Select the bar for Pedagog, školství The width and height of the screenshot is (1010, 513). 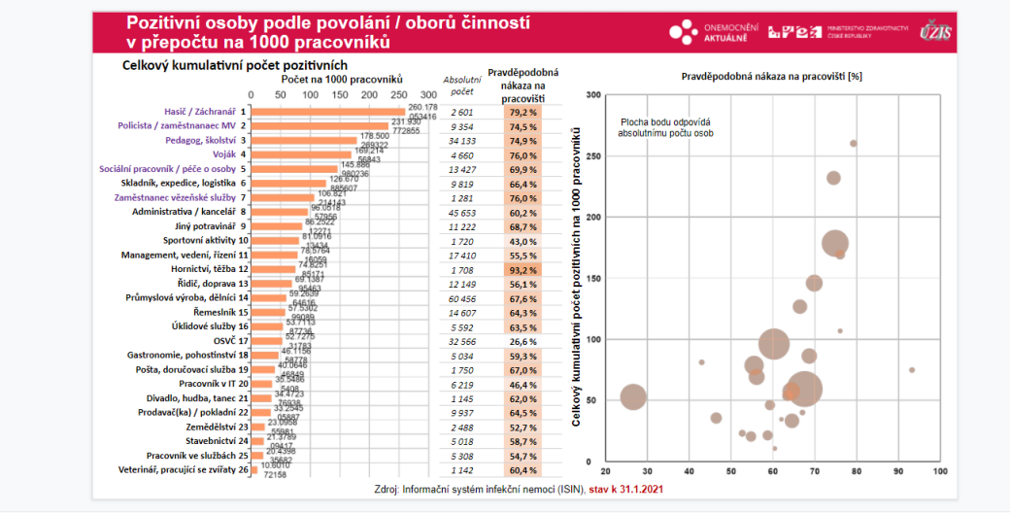pos(305,140)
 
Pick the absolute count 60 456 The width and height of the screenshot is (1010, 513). pos(464,297)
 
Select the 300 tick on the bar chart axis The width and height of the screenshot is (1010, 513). pos(428,95)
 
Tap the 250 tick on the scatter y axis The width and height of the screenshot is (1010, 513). pos(591,155)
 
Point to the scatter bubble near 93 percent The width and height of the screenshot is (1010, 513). pos(912,369)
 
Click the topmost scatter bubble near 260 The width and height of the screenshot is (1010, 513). pos(854,143)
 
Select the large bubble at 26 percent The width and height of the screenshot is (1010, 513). pos(633,396)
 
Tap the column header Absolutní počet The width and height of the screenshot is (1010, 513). pos(462,85)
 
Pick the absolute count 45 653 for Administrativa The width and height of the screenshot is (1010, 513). pos(464,212)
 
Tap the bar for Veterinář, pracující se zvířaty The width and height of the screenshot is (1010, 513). pos(257,469)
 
